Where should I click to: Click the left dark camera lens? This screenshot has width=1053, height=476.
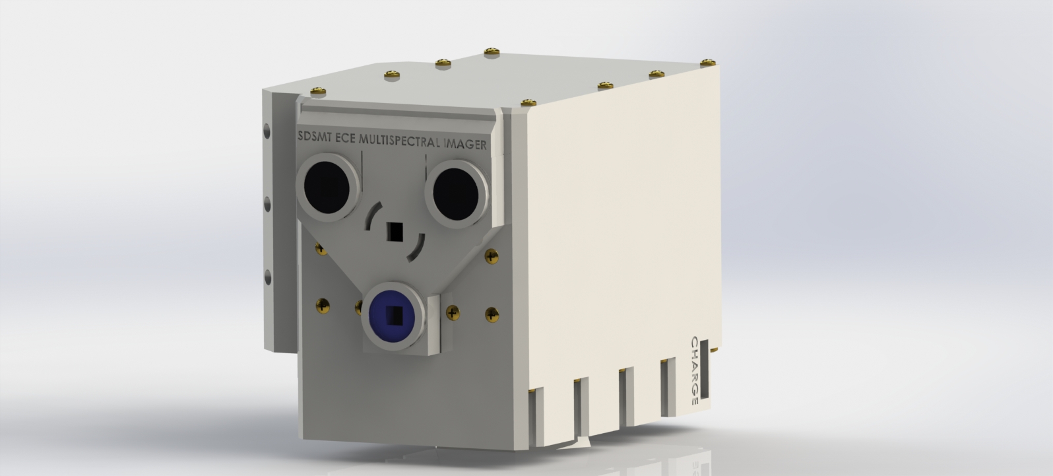(x=327, y=187)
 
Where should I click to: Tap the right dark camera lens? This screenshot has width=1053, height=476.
(x=455, y=193)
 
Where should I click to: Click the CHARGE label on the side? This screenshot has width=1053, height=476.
(x=694, y=370)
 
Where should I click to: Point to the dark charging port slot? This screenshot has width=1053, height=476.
(x=705, y=370)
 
